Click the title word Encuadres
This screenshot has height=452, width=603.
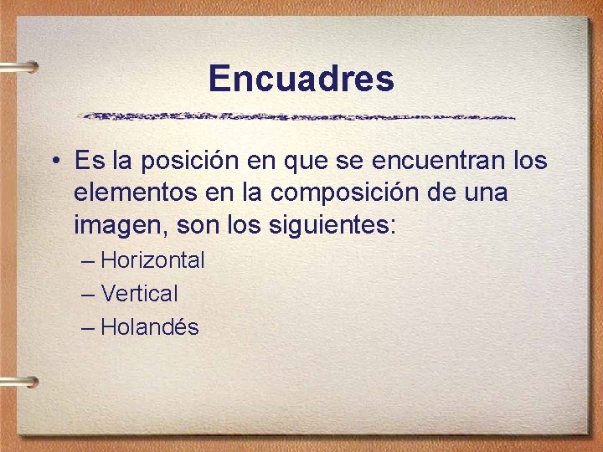point(301,79)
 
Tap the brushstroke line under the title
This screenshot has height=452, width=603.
point(297,116)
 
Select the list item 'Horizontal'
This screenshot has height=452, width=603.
point(152,260)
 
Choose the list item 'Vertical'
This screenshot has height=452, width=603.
point(139,294)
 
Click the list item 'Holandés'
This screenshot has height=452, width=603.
point(149,327)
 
